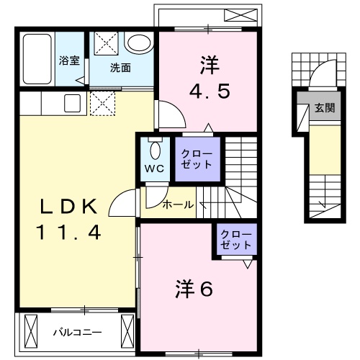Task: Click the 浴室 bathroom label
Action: pos(68,61)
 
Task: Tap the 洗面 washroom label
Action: pos(120,68)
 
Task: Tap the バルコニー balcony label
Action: pos(78,333)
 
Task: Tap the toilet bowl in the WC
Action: pos(154,150)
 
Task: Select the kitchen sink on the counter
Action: pos(72,104)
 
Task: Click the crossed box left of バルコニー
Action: pos(30,330)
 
